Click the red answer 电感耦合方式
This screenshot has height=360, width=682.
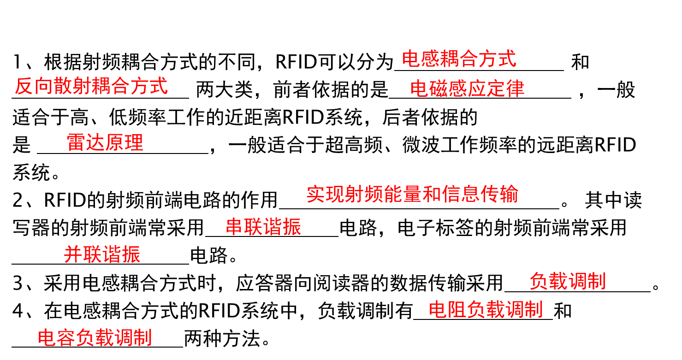[459, 59]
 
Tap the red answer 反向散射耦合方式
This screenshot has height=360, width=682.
[91, 86]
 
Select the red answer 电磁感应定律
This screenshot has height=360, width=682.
[467, 89]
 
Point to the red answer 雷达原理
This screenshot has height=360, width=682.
[105, 142]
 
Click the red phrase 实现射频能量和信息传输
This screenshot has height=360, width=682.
[412, 194]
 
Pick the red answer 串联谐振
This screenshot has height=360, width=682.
[263, 227]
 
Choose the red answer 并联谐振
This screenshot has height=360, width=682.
[102, 254]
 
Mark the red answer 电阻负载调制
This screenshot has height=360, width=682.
[486, 309]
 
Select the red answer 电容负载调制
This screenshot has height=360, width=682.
[95, 337]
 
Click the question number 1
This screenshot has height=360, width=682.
[17, 62]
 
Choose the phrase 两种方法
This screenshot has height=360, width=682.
[222, 339]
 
